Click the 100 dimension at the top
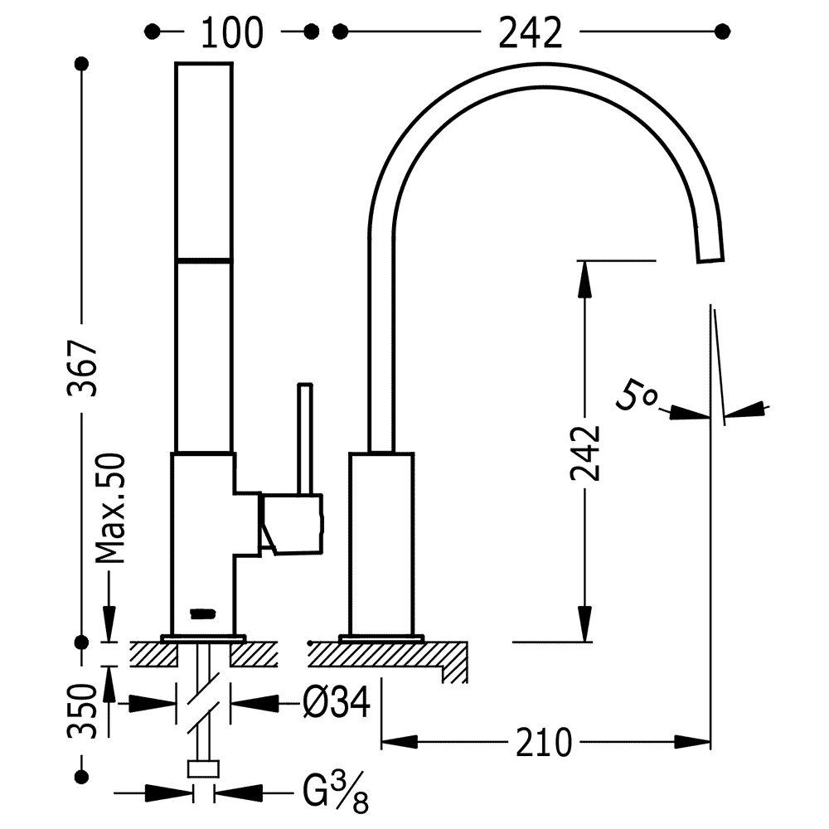pos(231,32)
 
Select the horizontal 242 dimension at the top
pos(531,32)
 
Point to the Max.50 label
pos(109,508)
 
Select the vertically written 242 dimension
pos(586,454)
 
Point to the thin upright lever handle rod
pos(306,439)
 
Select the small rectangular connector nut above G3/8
pos(203,768)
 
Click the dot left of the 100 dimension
pos(153,32)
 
